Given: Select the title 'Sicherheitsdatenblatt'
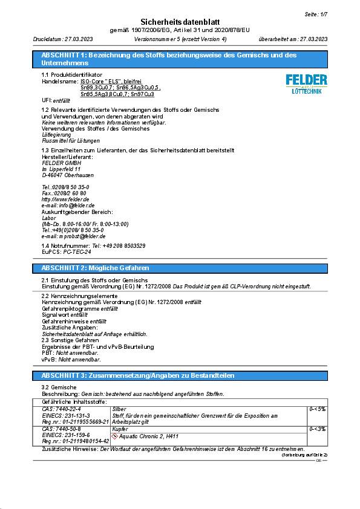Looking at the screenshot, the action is coord(181,21).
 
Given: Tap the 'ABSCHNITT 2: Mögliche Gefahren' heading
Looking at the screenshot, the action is coord(95,268).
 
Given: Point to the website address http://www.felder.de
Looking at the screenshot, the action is coord(65,199).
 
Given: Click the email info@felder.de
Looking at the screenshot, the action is coord(68,206).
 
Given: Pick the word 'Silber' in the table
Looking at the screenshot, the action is coord(120,409).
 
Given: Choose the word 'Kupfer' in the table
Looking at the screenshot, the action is coord(120,429).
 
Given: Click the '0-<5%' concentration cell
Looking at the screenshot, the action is coord(318,409).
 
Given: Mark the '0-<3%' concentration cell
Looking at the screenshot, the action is coord(318,429).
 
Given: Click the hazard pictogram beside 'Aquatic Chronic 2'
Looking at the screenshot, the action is coord(114,436).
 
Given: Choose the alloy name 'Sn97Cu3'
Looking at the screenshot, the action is coord(142,94).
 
